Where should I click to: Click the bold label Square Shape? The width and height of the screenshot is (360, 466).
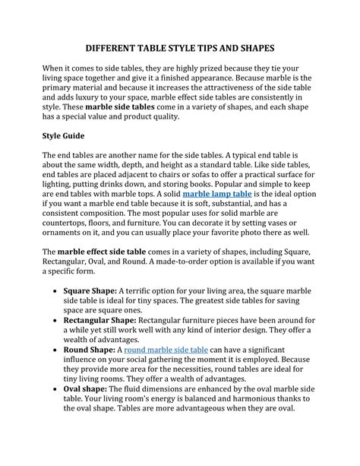coord(90,290)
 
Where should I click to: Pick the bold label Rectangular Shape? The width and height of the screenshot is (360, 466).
coord(102,322)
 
